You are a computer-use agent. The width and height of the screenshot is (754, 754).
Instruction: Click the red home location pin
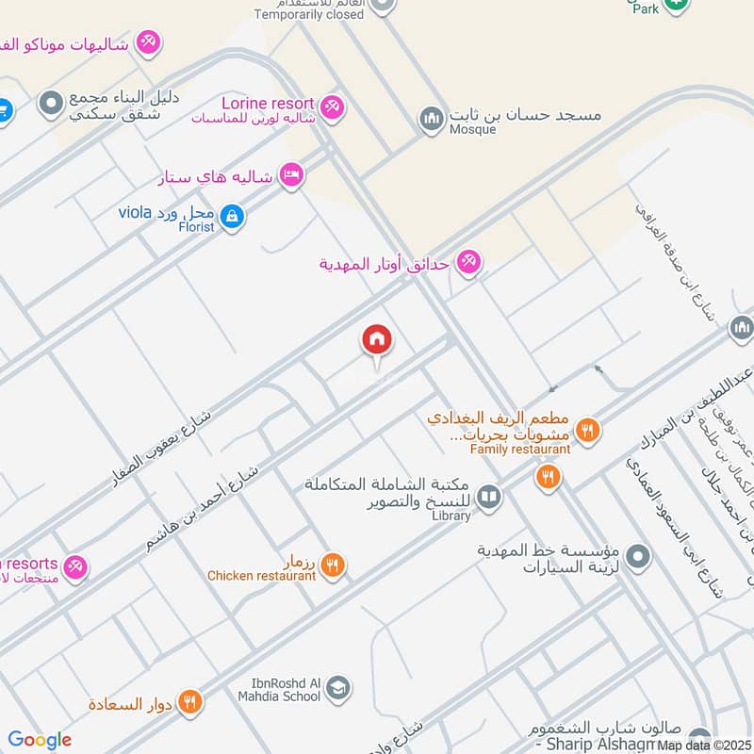(x=377, y=341)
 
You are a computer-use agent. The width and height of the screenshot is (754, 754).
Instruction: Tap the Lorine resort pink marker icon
(x=331, y=107)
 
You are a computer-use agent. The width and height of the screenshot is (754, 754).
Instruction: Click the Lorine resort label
(x=268, y=102)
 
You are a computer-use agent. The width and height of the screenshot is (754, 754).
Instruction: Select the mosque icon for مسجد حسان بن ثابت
(x=432, y=120)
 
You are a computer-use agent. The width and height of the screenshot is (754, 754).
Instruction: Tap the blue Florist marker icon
(x=233, y=219)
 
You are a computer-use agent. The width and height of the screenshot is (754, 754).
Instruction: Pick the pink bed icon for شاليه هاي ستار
(x=291, y=175)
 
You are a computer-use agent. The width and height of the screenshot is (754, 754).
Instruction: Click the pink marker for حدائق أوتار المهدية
(x=468, y=263)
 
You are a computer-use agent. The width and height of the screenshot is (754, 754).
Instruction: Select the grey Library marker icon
(x=488, y=496)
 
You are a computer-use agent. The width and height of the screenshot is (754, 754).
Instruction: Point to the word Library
(x=451, y=516)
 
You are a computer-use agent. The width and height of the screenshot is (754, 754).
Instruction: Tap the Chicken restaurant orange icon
(x=331, y=565)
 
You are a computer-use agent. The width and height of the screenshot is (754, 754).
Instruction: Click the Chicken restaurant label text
(x=261, y=576)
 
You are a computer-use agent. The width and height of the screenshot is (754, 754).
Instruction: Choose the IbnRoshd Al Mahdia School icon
(x=337, y=689)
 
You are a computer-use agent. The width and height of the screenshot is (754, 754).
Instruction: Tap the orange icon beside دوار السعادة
(x=189, y=702)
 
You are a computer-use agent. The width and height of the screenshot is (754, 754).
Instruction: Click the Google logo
(x=40, y=740)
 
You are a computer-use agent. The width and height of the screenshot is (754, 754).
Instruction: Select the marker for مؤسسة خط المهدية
(x=638, y=557)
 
